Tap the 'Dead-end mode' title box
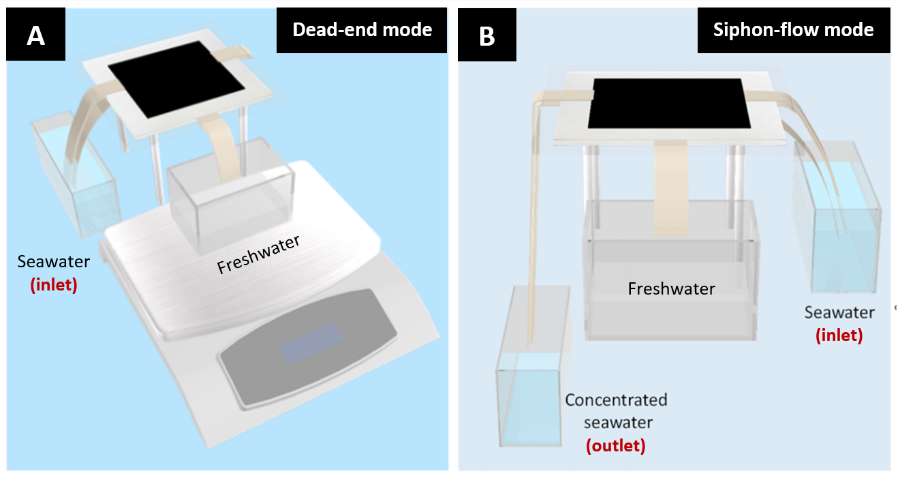click(x=362, y=30)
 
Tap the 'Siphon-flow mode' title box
click(x=793, y=30)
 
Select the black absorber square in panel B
click(x=671, y=104)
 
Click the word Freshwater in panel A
click(x=259, y=254)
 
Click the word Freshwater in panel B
click(x=671, y=289)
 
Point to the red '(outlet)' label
click(x=615, y=446)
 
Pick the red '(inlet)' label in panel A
click(x=53, y=284)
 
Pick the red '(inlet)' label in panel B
click(x=839, y=335)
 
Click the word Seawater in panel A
click(x=53, y=262)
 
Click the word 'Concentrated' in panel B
click(x=616, y=400)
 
